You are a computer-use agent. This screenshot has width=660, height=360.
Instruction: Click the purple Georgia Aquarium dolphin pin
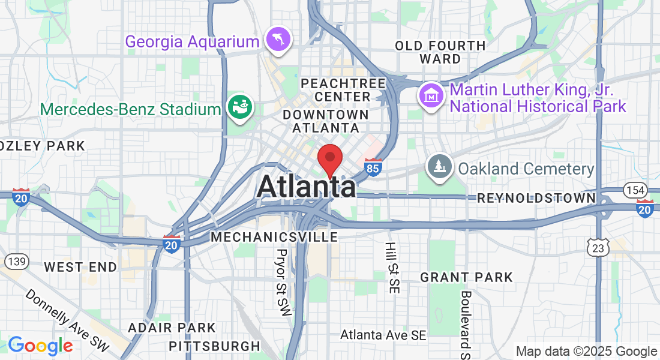point(279,40)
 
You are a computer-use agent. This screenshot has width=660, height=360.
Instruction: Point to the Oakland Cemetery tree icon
point(439,167)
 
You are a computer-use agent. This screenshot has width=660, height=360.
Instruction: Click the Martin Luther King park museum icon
point(431,95)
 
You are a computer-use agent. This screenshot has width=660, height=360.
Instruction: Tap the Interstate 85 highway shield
point(373,167)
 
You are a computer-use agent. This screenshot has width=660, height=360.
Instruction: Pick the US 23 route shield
point(599,247)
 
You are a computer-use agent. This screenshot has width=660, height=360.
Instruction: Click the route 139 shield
point(16,261)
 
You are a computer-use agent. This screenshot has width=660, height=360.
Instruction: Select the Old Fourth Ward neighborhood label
point(440,52)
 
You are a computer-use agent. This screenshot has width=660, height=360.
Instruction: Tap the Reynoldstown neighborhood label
point(536,198)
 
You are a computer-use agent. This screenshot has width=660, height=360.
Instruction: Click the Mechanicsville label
point(274,237)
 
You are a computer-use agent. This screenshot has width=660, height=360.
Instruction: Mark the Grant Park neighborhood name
point(466,277)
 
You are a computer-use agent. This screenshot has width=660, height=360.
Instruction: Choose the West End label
point(80,266)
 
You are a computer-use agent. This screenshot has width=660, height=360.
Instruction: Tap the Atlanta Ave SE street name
point(383,335)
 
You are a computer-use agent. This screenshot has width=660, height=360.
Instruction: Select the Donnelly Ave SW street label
point(67,322)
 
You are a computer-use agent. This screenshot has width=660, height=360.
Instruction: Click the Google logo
point(40,346)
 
